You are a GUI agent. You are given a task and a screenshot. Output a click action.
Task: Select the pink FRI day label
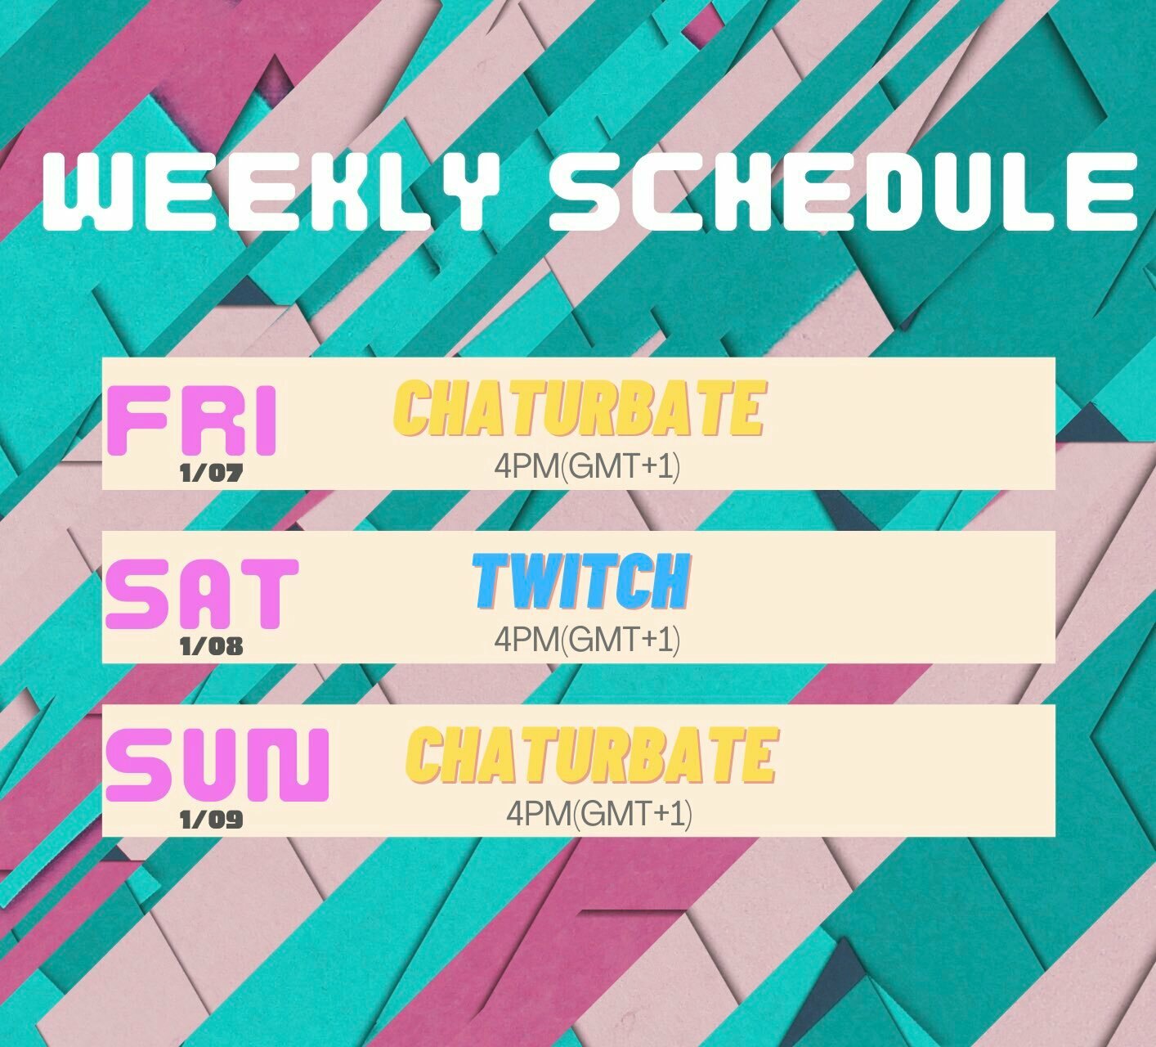tap(192, 420)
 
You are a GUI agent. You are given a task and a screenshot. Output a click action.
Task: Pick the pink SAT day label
tap(202, 594)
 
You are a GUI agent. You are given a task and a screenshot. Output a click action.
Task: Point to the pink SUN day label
tap(217, 766)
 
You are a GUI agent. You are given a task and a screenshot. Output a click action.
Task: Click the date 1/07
tap(212, 474)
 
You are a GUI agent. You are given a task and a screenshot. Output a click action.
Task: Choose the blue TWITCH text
tap(581, 582)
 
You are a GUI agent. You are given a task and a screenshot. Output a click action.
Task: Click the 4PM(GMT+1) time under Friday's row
tap(587, 466)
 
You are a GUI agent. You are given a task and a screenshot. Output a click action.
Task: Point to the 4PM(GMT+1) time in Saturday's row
tap(587, 639)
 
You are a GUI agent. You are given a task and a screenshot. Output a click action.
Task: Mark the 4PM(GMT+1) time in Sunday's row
tap(599, 813)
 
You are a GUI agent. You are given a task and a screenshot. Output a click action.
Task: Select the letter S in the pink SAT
tap(136, 594)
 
